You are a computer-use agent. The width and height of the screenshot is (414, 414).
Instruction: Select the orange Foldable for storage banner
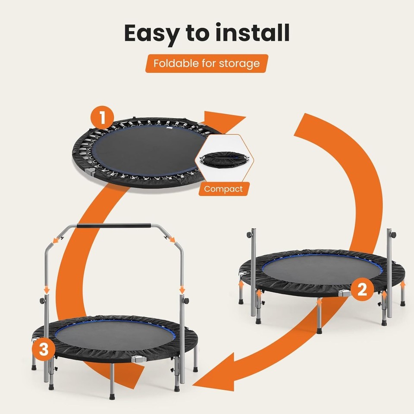[x=207, y=64]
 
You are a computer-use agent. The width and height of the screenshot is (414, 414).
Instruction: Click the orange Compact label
[x=223, y=189]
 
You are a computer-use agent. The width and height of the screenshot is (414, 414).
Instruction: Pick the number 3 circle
[x=44, y=350]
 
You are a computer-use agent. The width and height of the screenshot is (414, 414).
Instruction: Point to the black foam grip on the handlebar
[x=113, y=226]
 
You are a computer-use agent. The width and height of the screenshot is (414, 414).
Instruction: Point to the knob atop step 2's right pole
[x=393, y=235]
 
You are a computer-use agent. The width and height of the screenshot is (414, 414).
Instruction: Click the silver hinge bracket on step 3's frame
[x=138, y=359]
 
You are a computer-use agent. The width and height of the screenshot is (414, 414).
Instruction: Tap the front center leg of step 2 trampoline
[x=320, y=317]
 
